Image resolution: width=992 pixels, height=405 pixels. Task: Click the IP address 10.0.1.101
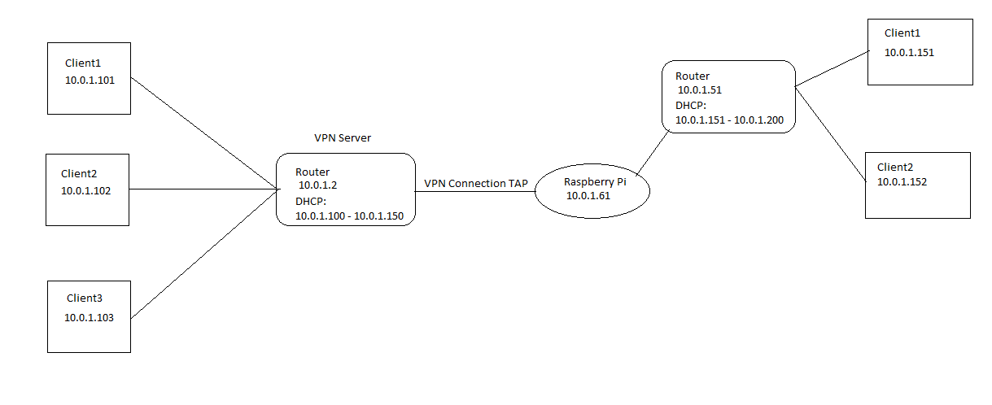tap(90, 81)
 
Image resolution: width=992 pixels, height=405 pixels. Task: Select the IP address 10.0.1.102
tap(85, 191)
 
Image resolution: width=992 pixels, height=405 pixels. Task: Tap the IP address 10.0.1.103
tap(90, 317)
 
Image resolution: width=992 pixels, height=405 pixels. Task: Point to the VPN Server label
tap(343, 138)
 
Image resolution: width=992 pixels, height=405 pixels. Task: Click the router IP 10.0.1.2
tap(317, 185)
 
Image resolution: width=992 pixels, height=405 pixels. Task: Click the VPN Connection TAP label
tap(475, 184)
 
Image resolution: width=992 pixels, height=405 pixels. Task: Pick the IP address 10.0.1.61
tap(588, 196)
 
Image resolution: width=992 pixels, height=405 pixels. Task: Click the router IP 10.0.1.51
tap(700, 90)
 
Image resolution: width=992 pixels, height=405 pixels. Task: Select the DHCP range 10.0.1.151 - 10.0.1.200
tap(729, 120)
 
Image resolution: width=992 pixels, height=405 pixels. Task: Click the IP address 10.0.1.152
tap(902, 182)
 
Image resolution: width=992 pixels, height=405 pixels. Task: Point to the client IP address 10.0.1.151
tap(910, 51)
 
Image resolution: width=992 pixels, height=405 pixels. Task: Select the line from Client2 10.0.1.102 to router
tap(203, 191)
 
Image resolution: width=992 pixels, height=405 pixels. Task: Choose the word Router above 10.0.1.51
tap(693, 76)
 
